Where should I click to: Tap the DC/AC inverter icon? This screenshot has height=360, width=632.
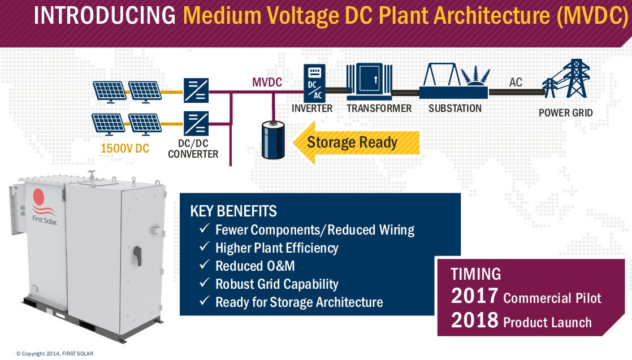click(314, 82)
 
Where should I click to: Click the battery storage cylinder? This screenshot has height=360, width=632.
click(273, 139)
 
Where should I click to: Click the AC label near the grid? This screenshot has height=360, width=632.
click(516, 83)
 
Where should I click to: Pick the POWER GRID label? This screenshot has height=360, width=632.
click(565, 112)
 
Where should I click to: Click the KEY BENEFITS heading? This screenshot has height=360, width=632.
click(233, 211)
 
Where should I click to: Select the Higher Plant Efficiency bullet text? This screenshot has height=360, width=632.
click(276, 248)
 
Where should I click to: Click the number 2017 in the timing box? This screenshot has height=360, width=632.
click(474, 296)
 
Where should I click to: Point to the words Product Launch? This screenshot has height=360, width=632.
click(547, 322)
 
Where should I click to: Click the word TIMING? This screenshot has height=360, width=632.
click(476, 274)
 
